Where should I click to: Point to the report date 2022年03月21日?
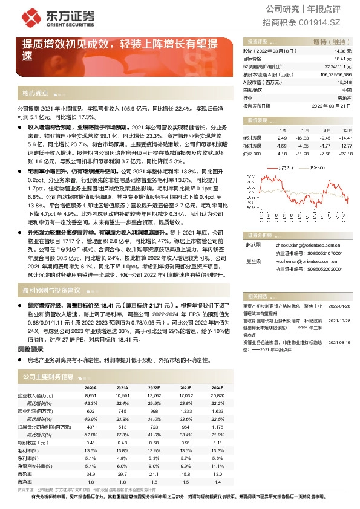(x=331, y=105)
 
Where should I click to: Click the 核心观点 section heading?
(x=35, y=93)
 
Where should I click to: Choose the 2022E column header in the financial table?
(x=154, y=387)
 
